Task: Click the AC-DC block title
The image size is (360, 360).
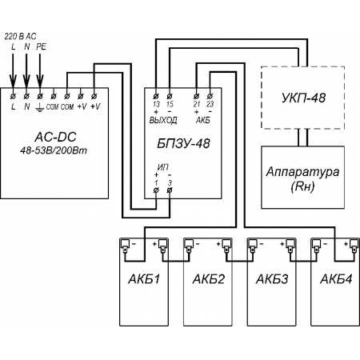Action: click(55, 137)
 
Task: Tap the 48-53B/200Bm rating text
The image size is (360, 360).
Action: click(54, 150)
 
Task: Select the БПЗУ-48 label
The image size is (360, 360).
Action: click(183, 144)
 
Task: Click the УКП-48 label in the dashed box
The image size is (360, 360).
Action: click(303, 98)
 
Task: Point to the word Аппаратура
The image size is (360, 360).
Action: click(302, 172)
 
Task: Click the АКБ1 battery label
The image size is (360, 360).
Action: click(144, 279)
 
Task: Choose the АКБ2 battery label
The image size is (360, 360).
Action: click(209, 279)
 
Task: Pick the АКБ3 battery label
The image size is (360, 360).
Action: click(272, 279)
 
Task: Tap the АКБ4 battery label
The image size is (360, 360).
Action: click(336, 279)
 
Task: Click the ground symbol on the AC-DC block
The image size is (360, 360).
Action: click(40, 107)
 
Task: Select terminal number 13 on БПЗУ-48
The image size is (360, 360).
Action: click(156, 104)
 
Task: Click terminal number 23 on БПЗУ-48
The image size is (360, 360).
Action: click(210, 104)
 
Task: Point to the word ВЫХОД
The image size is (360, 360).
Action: click(163, 121)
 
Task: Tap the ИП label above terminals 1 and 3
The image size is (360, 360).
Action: click(163, 167)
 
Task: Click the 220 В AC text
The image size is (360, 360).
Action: click(21, 36)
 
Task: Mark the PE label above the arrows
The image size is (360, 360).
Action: click(41, 46)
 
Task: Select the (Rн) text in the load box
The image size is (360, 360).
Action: click(302, 186)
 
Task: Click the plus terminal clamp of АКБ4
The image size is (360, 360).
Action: click(354, 246)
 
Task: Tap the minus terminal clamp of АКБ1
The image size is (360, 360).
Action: click(125, 246)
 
